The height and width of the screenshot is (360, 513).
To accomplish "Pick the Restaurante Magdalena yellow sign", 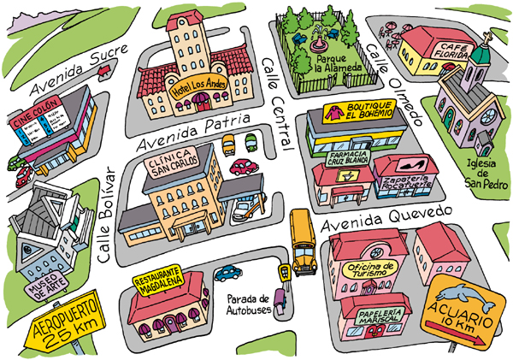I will [x=159, y=285].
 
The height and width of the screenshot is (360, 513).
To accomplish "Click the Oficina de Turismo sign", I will [x=370, y=269].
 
